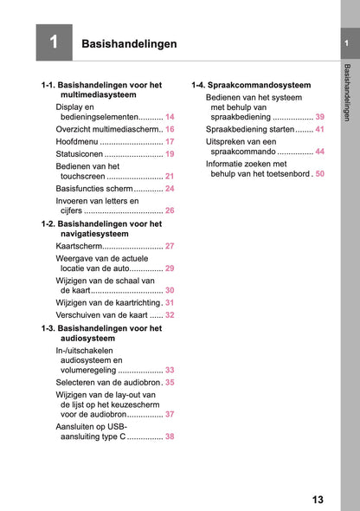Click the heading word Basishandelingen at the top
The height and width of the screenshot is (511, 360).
coord(129,43)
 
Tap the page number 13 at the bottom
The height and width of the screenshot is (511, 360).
coord(318,500)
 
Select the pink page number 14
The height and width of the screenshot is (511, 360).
coord(170,116)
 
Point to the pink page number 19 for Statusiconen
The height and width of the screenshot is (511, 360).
coord(170,153)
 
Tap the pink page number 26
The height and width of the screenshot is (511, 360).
coord(170,210)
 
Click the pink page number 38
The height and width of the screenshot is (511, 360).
coord(170,437)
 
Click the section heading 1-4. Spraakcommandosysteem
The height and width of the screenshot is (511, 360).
coord(251,85)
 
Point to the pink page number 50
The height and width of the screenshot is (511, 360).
coord(319,174)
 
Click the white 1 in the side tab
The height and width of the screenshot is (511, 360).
coord(346,44)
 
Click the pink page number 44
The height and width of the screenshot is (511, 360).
coord(319,152)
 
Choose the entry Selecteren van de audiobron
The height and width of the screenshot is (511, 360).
coord(108,381)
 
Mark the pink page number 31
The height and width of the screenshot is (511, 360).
coord(170,303)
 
